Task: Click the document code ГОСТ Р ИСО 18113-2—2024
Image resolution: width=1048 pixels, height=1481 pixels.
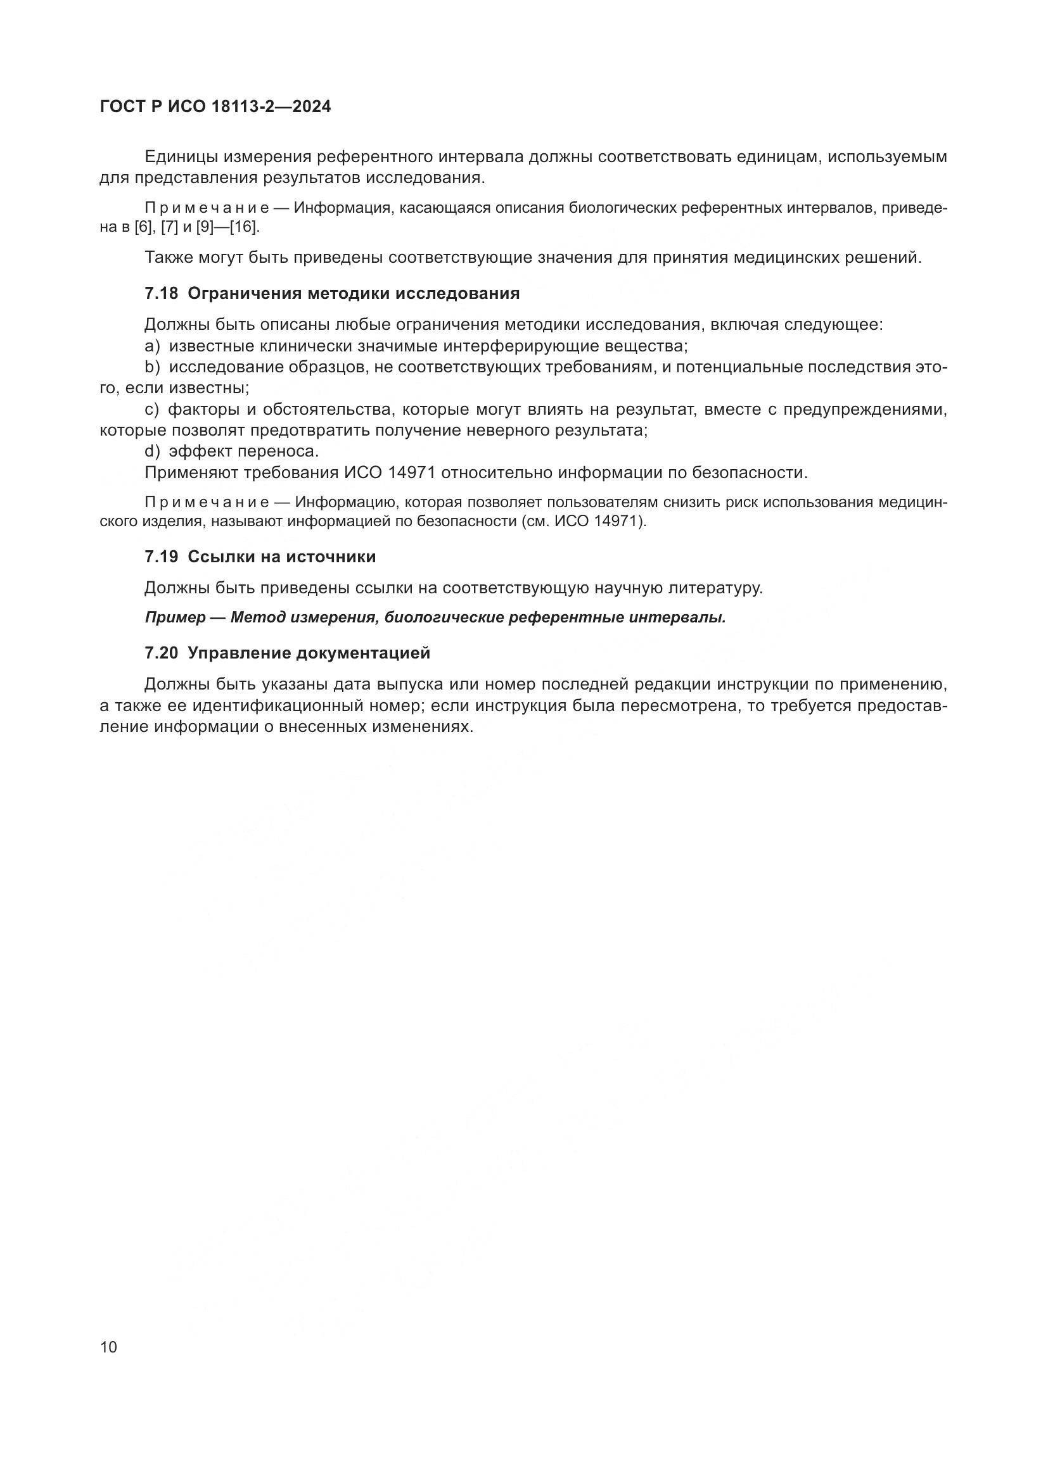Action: pyautogui.click(x=215, y=107)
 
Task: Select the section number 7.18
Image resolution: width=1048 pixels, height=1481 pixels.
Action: pyautogui.click(x=161, y=294)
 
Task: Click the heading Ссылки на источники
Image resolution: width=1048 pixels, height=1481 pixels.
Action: pyautogui.click(x=281, y=557)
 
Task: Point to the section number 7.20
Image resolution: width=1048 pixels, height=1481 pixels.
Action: pyautogui.click(x=161, y=653)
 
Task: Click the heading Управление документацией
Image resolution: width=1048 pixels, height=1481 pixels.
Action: pyautogui.click(x=309, y=653)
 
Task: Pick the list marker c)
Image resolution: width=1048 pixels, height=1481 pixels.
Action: pyautogui.click(x=152, y=410)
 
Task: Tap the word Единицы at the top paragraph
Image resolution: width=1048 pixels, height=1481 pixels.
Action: pyautogui.click(x=183, y=157)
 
